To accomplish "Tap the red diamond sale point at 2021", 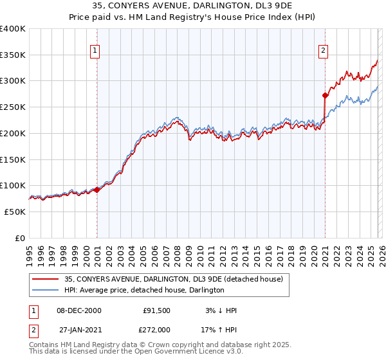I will point(326,95).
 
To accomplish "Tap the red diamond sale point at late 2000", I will point(96,190).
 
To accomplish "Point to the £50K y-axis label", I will point(15,212).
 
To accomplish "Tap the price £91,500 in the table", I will point(156,310).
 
